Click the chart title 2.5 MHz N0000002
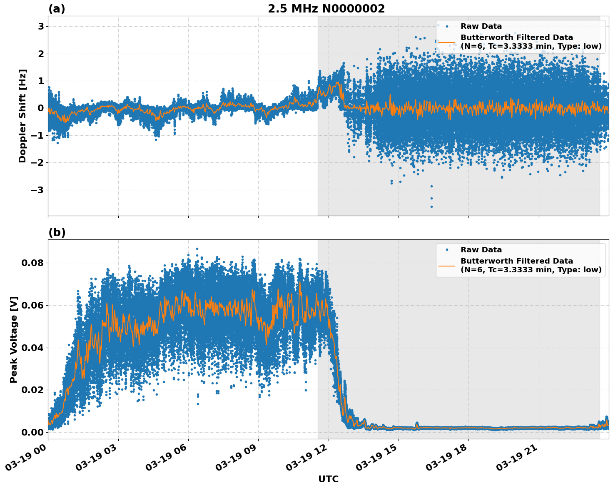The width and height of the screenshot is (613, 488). pyautogui.click(x=326, y=9)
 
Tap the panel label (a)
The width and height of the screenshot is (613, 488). pyautogui.click(x=57, y=9)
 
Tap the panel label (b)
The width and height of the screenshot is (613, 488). pyautogui.click(x=57, y=232)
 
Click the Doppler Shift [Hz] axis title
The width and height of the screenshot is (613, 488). pyautogui.click(x=22, y=116)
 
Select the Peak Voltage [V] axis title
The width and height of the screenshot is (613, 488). pyautogui.click(x=14, y=339)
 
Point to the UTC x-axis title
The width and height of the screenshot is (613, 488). pyautogui.click(x=328, y=479)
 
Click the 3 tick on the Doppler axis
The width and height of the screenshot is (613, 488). pyautogui.click(x=41, y=26)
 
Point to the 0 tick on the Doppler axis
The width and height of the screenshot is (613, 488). pyautogui.click(x=41, y=108)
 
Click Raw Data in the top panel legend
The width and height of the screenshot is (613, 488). pyautogui.click(x=481, y=26)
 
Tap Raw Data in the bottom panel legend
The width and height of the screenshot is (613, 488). pyautogui.click(x=481, y=250)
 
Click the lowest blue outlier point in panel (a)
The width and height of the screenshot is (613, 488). pyautogui.click(x=431, y=207)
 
